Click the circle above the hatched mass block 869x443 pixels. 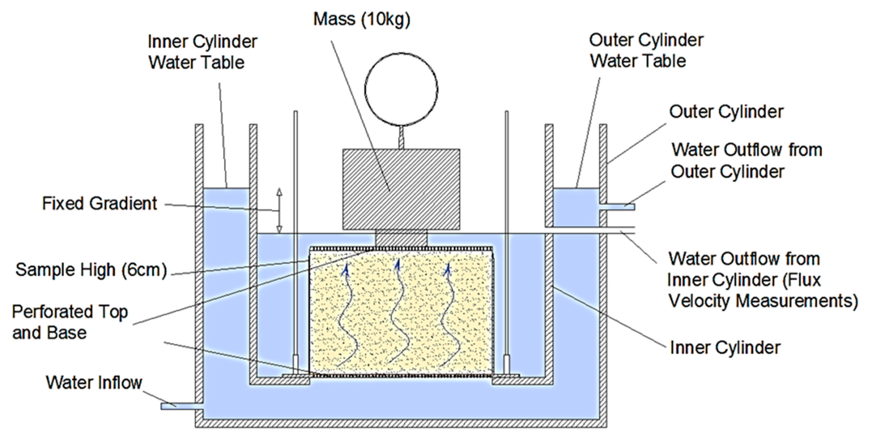[x=401, y=89]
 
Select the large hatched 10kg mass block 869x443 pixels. [x=401, y=189]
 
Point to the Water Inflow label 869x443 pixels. [x=94, y=383]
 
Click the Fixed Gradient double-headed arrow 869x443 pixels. [x=279, y=211]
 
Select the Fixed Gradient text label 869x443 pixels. [x=99, y=204]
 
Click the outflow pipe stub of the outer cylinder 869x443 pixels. [x=617, y=207]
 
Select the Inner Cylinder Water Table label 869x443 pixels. [x=202, y=52]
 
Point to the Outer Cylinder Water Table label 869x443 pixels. [x=646, y=51]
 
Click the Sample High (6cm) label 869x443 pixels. [x=91, y=270]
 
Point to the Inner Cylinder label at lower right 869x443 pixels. [x=725, y=347]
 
